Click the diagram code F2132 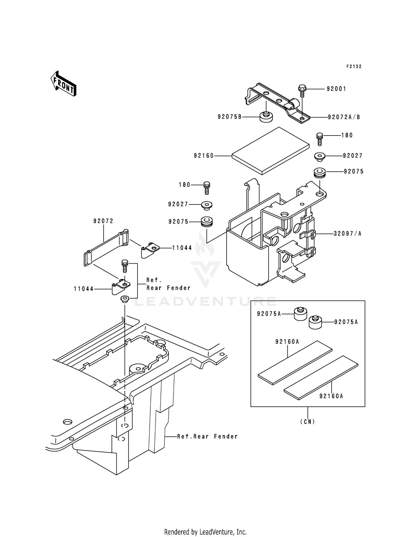[354, 67]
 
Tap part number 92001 [336, 89]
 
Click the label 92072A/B [344, 117]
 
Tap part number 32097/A [347, 233]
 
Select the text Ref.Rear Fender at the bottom [207, 436]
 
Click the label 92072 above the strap [103, 221]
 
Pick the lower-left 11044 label [84, 289]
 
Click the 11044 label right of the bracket [182, 248]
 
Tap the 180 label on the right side [347, 135]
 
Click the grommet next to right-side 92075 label [319, 173]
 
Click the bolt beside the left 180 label [207, 187]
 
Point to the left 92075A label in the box [269, 314]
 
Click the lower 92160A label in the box [331, 396]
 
